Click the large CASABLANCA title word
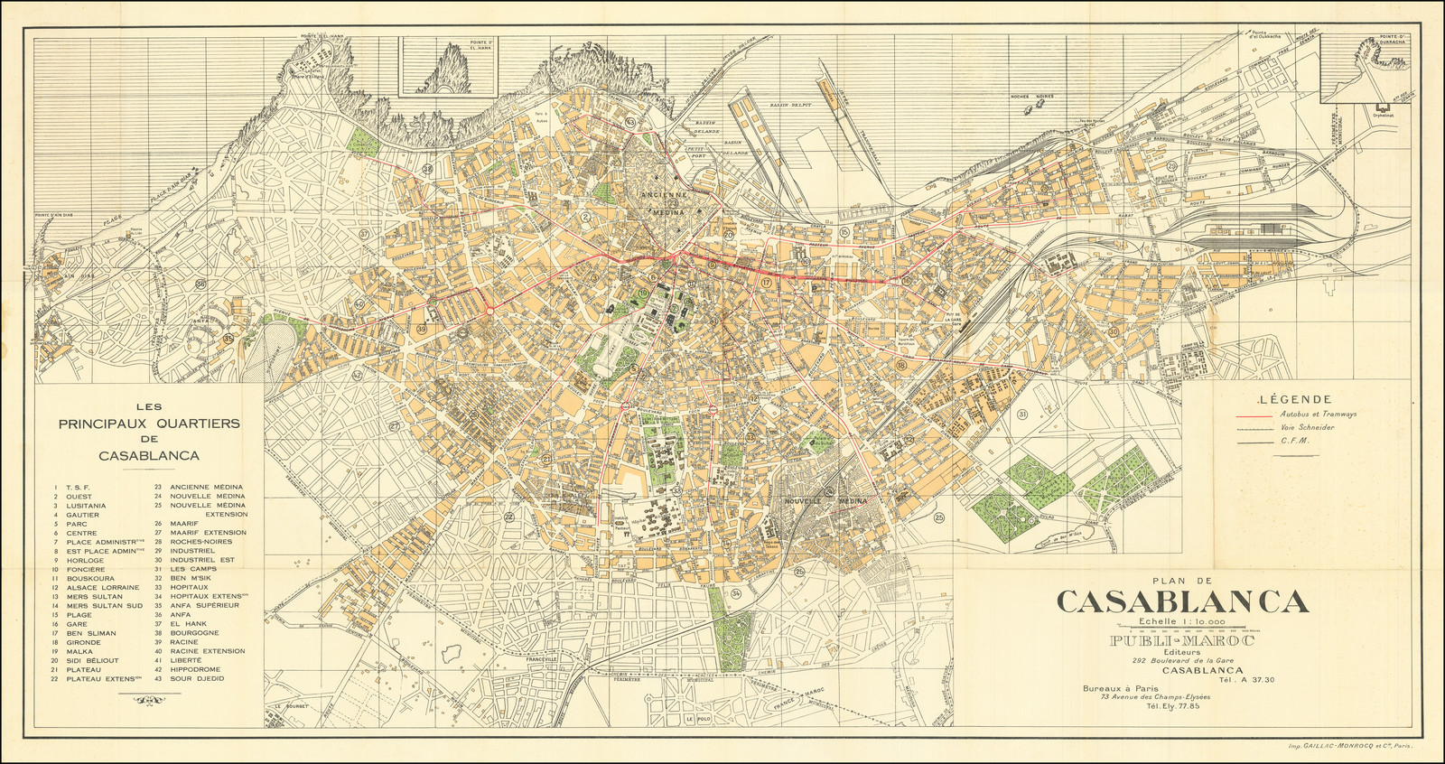point(1182,601)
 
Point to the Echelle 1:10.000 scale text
point(1181,620)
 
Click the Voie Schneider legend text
point(1308,427)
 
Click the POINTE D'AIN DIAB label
point(55,216)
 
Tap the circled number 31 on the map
point(1021,415)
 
